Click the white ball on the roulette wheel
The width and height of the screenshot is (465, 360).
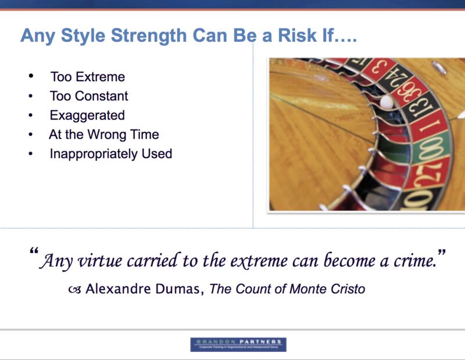(385, 103)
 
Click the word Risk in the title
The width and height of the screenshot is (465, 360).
(303, 36)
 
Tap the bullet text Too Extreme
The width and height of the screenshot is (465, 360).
(88, 77)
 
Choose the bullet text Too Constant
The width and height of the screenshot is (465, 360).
(89, 96)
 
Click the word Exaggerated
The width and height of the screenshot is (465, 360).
(87, 115)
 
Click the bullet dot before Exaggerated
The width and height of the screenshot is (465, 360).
(31, 116)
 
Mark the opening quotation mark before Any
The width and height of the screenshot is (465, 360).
(34, 254)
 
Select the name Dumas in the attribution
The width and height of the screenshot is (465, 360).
(178, 289)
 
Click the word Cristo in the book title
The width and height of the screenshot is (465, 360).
(347, 289)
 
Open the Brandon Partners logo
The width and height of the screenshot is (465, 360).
(238, 344)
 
